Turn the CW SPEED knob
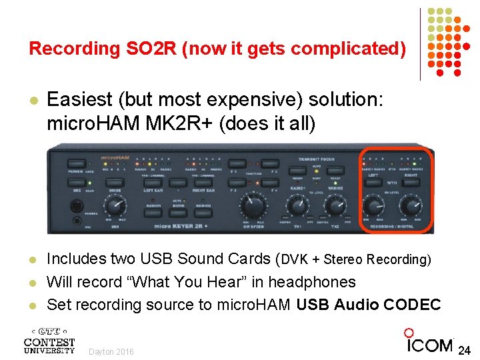pos(253,207)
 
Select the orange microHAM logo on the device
pos(113,158)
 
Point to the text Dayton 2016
pos(111,351)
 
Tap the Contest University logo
pos(49,341)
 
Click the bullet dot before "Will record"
pos(32,283)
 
